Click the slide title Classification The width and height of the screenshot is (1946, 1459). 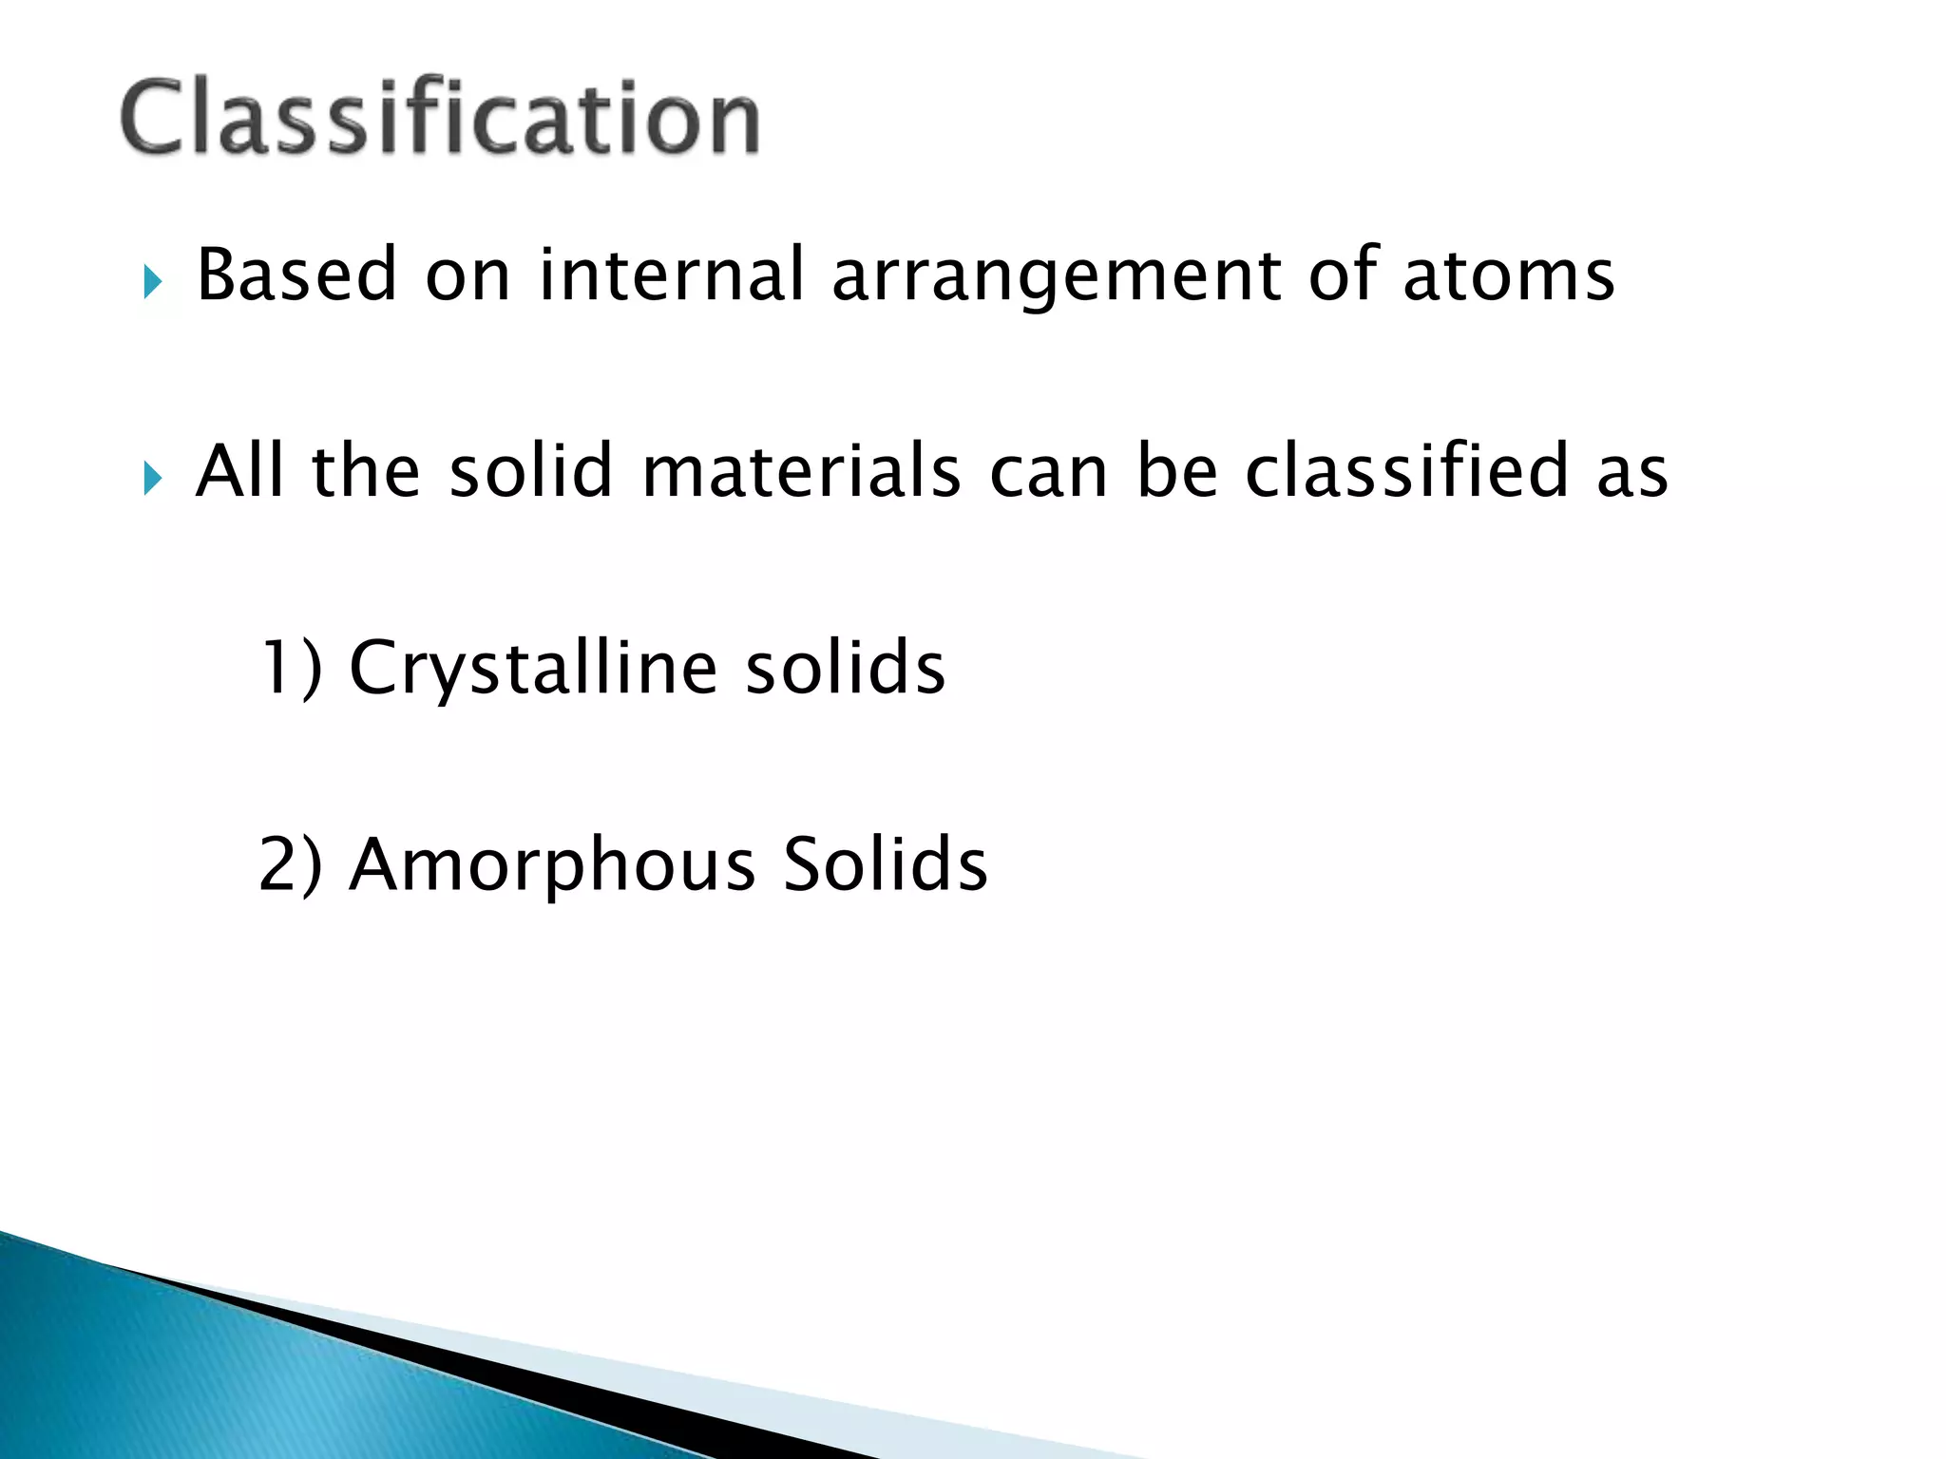(439, 118)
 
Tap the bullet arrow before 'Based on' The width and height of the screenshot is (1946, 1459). (153, 282)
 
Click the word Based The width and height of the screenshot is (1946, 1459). (296, 275)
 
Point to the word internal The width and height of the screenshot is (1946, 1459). (672, 275)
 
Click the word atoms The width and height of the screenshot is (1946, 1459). (1508, 275)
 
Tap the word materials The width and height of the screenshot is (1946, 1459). (801, 471)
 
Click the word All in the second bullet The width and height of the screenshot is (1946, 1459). (240, 471)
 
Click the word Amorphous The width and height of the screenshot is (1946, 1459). (552, 866)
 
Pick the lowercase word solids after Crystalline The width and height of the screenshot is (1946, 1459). (845, 668)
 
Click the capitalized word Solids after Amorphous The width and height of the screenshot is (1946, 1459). (885, 864)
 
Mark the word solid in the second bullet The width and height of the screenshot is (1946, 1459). (530, 471)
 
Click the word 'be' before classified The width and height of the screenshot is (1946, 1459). (1176, 471)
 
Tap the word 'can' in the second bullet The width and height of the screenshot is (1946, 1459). (1048, 473)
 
